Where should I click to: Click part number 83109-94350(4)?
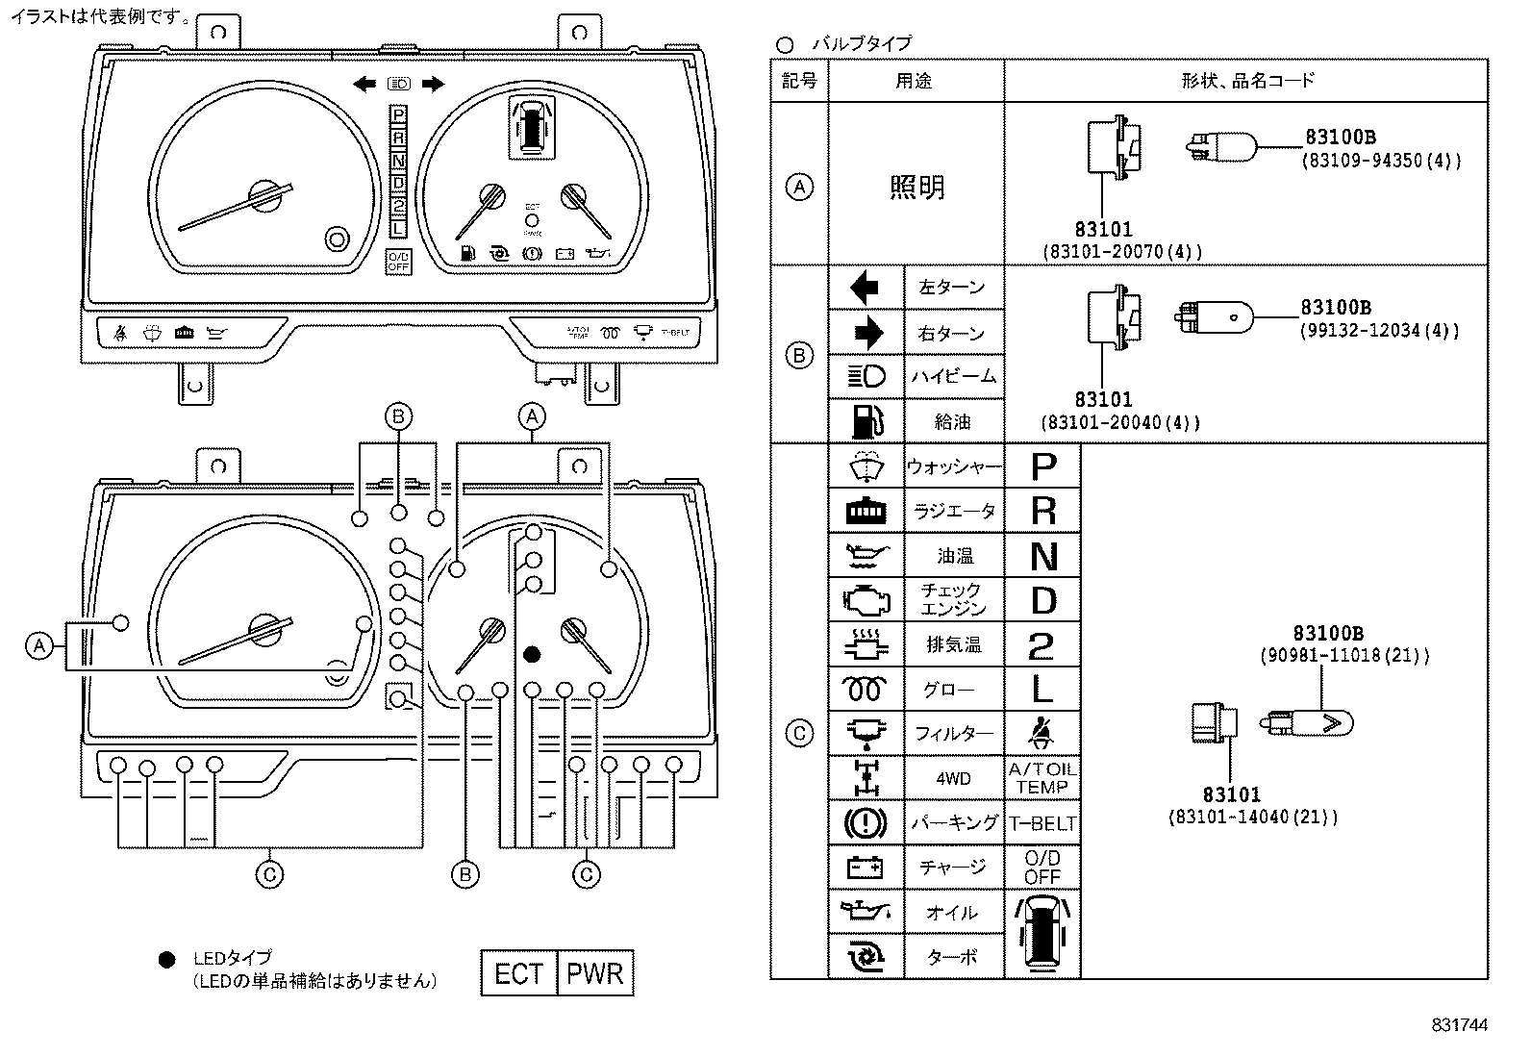tap(1381, 161)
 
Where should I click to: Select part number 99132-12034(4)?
tap(1379, 331)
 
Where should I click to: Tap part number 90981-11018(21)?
tap(1344, 656)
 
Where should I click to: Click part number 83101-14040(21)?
tap(1252, 818)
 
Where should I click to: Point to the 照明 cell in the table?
tap(916, 187)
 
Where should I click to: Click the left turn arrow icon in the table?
tap(866, 287)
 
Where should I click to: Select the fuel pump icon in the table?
tap(866, 420)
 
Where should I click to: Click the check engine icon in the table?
tap(866, 600)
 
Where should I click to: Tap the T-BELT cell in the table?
tap(1042, 824)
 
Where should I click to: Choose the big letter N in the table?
tap(1042, 556)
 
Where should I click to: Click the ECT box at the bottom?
tap(518, 973)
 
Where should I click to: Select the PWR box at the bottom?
tap(594, 973)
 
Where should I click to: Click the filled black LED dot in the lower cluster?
tap(532, 654)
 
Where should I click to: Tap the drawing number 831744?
tap(1459, 1025)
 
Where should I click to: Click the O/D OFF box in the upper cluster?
tap(398, 261)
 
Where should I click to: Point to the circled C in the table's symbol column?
tap(799, 734)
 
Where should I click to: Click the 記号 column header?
tap(799, 81)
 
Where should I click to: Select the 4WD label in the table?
tap(953, 778)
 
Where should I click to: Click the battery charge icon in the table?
tap(866, 868)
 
